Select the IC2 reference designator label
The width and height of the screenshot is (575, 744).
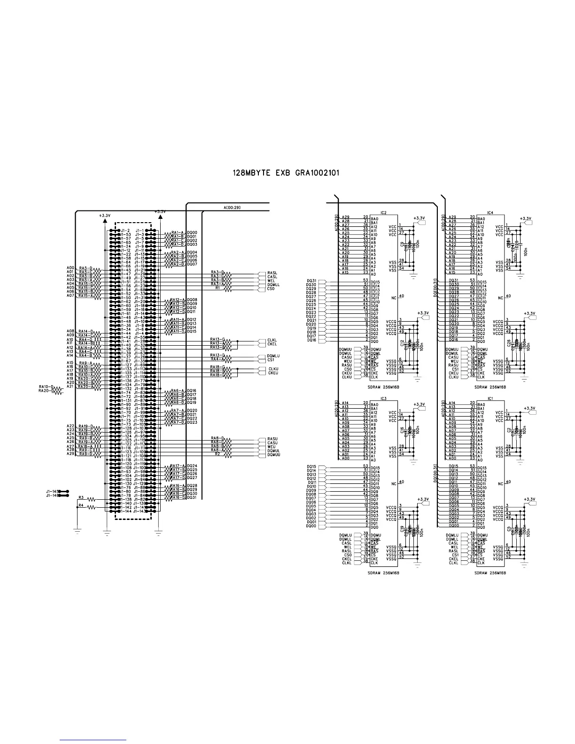[x=383, y=213]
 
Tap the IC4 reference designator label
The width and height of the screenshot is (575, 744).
[x=490, y=213]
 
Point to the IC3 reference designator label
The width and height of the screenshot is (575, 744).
[x=383, y=399]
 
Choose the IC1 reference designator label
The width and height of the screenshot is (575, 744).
[x=490, y=399]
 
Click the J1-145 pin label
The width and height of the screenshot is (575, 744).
[x=51, y=491]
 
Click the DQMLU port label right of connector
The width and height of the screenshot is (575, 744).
[x=273, y=356]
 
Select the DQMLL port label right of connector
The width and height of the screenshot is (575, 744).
[x=273, y=285]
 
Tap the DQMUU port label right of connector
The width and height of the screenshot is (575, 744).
[x=273, y=455]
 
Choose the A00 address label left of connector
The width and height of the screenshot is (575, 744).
[x=70, y=268]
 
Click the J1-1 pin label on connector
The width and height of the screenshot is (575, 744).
[x=139, y=231]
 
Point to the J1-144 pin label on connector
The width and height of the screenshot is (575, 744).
[x=125, y=511]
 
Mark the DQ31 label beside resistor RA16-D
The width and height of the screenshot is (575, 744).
[x=192, y=497]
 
